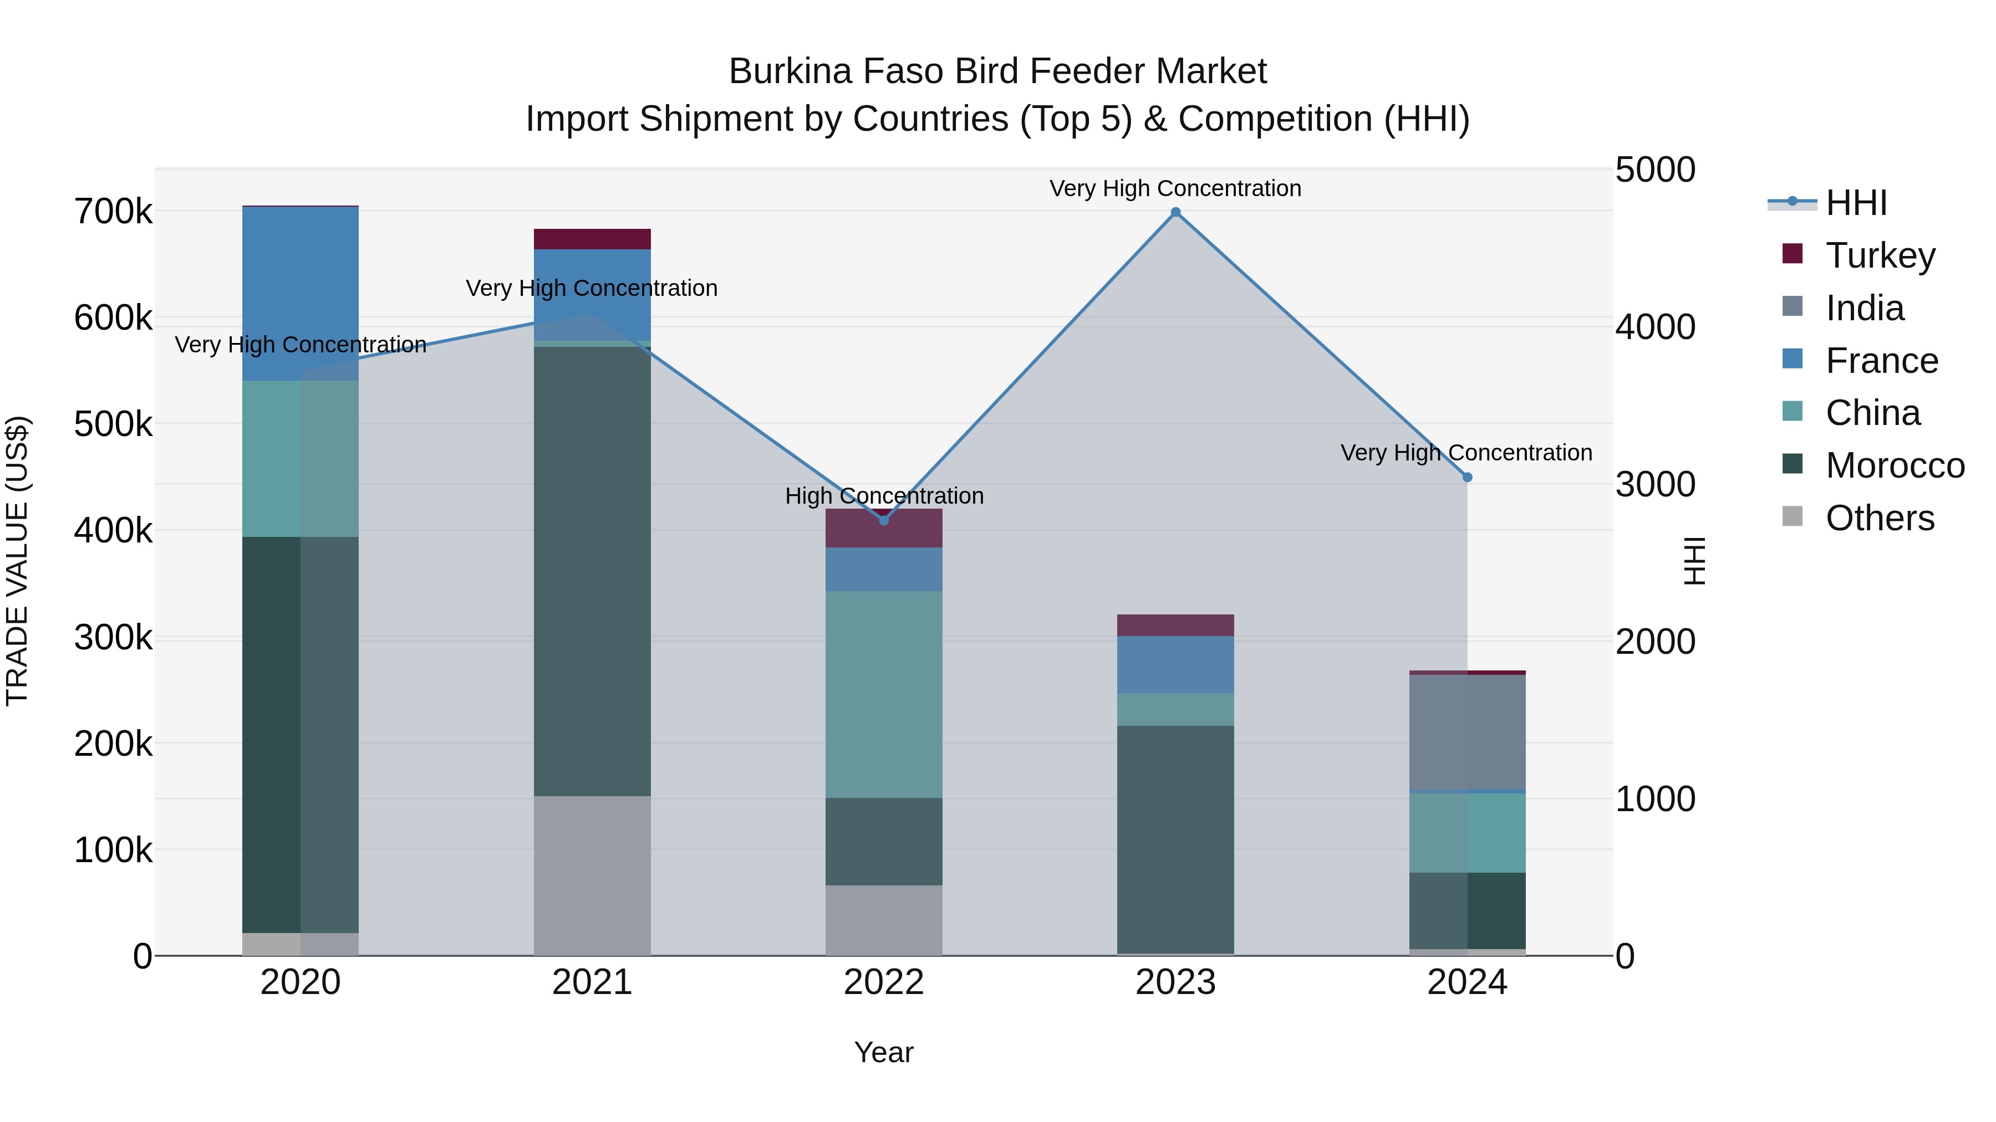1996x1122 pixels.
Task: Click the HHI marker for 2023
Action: pyautogui.click(x=1175, y=212)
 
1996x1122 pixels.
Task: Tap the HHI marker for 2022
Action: pyautogui.click(x=884, y=520)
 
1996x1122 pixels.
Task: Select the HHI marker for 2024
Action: pyautogui.click(x=1467, y=478)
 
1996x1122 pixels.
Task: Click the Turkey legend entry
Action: pyautogui.click(x=1880, y=255)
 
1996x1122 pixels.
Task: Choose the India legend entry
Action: pyautogui.click(x=1864, y=308)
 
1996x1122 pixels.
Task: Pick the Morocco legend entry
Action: pyautogui.click(x=1895, y=465)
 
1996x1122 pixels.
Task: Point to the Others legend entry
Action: pyautogui.click(x=1880, y=518)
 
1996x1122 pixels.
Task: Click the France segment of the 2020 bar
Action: pyautogui.click(x=301, y=294)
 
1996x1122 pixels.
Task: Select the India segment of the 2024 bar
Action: pyautogui.click(x=1467, y=732)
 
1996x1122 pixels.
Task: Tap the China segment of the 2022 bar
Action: pyautogui.click(x=884, y=695)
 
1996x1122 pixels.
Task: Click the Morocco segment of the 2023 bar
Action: pyautogui.click(x=1175, y=839)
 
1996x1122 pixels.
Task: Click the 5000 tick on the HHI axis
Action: pyautogui.click(x=1655, y=170)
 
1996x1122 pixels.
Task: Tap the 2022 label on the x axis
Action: pyautogui.click(x=884, y=982)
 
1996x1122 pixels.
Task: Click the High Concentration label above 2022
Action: pyautogui.click(x=884, y=495)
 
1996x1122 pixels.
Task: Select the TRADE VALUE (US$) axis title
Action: pyautogui.click(x=17, y=561)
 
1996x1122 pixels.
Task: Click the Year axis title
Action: pyautogui.click(x=884, y=1052)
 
